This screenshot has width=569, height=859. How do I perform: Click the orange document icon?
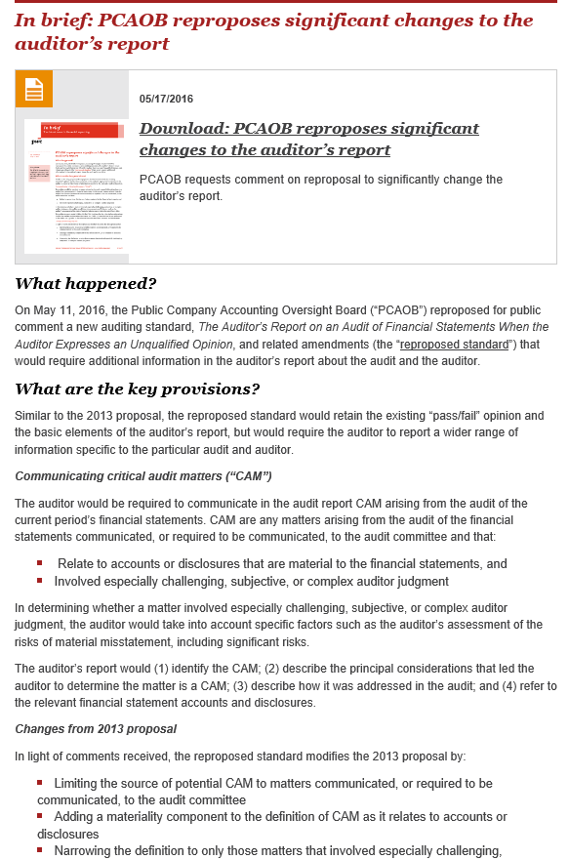34,89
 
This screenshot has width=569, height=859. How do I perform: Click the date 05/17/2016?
167,99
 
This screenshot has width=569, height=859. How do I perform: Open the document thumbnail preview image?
76,185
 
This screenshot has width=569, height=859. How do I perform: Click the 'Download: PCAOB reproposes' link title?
308,140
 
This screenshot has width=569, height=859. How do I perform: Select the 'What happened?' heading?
86,284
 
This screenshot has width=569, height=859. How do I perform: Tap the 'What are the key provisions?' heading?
138,389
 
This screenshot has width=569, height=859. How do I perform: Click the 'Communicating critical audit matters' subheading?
142,475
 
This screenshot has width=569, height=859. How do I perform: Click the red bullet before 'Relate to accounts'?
40,563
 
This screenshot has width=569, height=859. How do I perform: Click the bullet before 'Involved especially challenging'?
40,581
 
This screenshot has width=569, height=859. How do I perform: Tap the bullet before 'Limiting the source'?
40,783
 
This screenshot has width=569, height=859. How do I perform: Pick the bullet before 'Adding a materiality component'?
40,816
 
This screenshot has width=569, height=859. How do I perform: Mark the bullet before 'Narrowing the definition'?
40,850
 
